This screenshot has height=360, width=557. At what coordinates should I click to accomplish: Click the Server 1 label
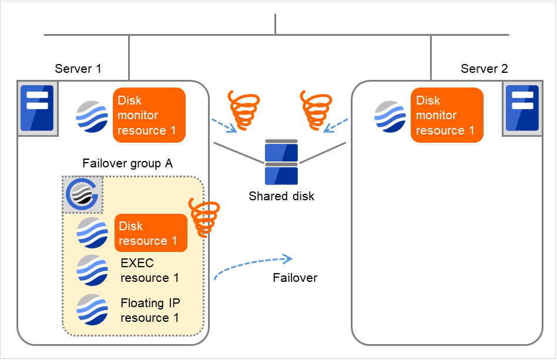coord(78,69)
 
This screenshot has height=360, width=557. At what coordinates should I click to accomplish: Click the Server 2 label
coord(484,69)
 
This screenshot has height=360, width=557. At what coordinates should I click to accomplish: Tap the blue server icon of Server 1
coord(37,107)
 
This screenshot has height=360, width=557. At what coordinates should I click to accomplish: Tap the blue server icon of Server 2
coord(522,107)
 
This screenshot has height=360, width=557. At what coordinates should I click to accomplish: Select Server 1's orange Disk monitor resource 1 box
coord(149,115)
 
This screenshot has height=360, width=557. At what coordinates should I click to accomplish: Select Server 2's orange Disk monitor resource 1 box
coord(447,115)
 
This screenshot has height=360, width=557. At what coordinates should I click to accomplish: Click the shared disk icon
coord(281,162)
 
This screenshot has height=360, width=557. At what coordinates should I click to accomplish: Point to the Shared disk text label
coord(281,196)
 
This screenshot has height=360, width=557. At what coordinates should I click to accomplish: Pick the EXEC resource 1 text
coord(150,270)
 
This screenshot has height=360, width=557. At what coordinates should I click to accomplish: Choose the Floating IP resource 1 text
coord(150,310)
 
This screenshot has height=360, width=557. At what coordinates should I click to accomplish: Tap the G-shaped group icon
coord(82,194)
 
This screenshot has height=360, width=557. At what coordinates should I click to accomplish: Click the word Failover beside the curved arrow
coord(295,278)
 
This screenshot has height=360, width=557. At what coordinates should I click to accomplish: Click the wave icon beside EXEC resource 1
coord(92,270)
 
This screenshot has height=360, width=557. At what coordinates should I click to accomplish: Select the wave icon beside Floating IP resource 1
coord(92,309)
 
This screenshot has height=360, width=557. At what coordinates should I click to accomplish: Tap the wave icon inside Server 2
coord(390,116)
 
